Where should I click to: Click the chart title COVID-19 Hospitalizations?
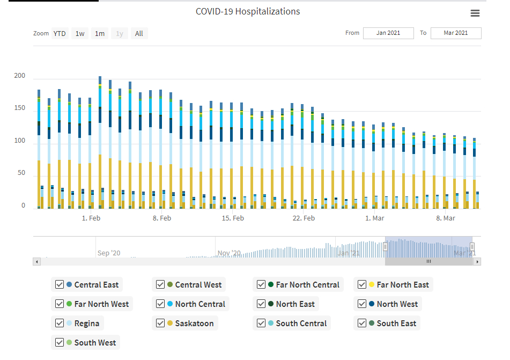point(248,11)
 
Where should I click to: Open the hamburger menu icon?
point(475,13)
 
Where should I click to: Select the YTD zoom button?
point(60,34)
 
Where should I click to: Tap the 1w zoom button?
point(80,34)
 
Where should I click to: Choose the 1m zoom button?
point(100,34)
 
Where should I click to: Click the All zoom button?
point(139,34)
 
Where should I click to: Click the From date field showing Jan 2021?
point(388,33)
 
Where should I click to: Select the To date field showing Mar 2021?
point(456,33)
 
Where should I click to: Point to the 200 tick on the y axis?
point(20,76)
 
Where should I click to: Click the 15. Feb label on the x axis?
point(233,218)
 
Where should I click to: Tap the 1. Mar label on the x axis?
point(375,218)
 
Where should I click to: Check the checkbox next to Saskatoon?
point(160,324)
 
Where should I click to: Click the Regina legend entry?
point(86,324)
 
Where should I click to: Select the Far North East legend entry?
point(403,285)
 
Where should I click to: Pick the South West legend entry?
point(95,343)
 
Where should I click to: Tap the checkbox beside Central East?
point(60,285)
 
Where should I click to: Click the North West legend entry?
point(397,304)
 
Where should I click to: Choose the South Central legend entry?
point(301,324)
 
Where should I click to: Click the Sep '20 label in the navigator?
point(109,253)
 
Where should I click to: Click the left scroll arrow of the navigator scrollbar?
point(36,262)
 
